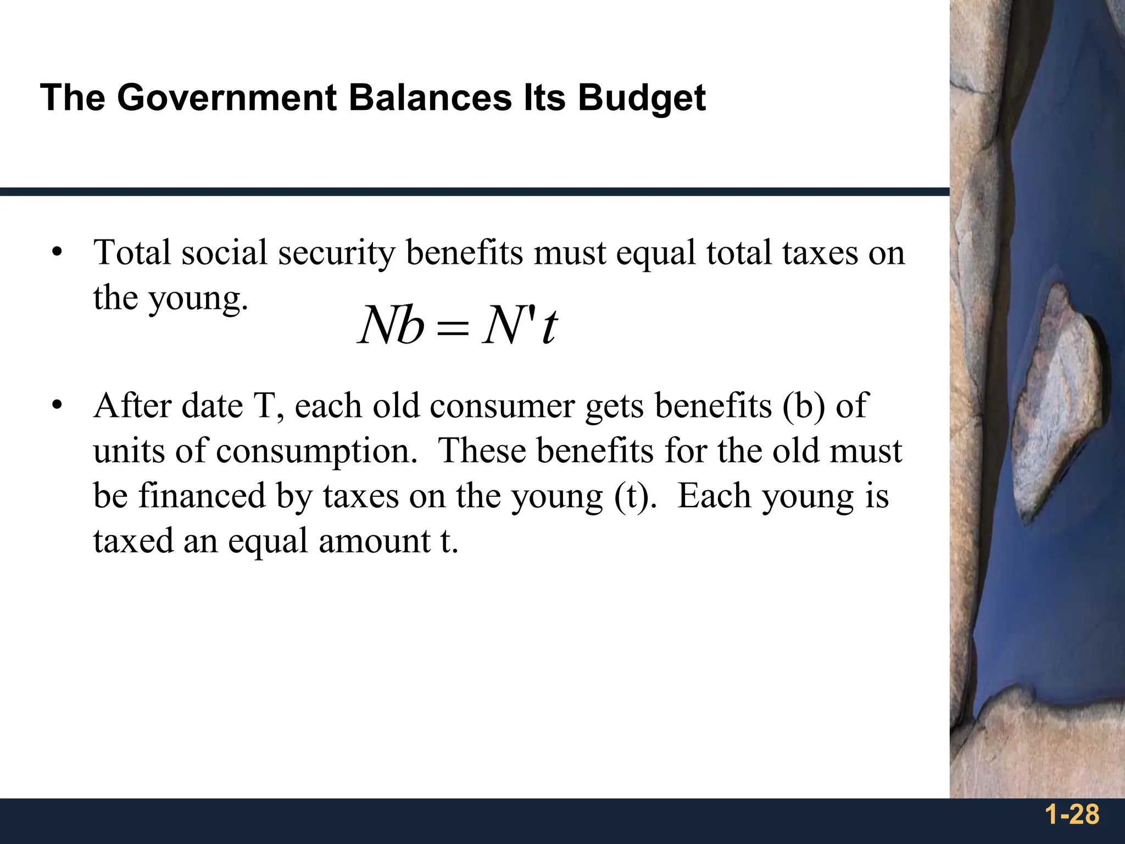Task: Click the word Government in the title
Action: pos(226,98)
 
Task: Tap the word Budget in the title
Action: pos(641,99)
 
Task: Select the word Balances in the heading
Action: pos(430,98)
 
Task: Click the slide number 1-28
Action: pos(1072,814)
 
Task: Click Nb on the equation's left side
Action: pos(391,325)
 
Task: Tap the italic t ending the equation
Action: pos(549,326)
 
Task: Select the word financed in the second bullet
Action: pos(202,496)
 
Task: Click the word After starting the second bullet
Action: pos(132,406)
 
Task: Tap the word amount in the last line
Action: pos(375,541)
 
